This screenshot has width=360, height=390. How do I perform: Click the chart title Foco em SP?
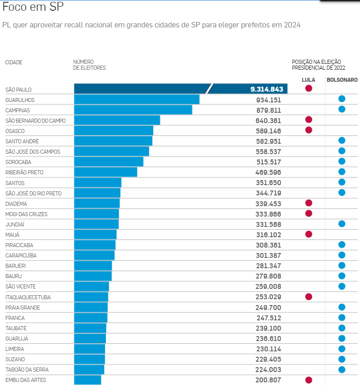33,7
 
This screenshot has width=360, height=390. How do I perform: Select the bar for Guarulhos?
136,99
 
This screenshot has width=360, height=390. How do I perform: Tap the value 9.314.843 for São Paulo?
267,89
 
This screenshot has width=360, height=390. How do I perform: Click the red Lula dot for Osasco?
308,130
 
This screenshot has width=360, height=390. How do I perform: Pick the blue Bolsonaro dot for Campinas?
342,109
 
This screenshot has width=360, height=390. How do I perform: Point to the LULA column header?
308,80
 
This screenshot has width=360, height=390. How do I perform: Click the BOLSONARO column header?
342,80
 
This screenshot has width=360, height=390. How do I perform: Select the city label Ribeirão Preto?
24,173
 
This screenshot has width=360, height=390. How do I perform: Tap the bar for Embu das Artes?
88,380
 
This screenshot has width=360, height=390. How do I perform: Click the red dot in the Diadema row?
308,203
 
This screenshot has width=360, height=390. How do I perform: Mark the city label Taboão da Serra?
27,370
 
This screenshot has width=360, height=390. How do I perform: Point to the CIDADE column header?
14,62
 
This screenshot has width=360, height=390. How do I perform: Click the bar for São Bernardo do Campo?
117,120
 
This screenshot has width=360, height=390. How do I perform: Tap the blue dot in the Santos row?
342,182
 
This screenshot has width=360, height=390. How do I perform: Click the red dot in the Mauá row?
308,234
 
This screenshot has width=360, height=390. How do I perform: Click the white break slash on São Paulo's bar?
210,89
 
